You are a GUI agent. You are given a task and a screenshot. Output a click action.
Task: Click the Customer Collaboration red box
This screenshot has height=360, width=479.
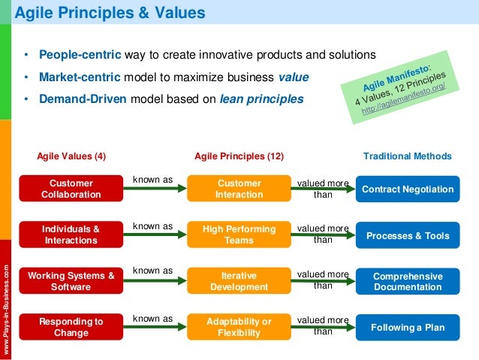pyautogui.click(x=71, y=189)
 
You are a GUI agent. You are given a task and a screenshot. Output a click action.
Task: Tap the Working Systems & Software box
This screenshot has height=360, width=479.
pyautogui.click(x=71, y=281)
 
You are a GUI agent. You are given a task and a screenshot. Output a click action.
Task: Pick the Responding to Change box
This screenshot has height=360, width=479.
pyautogui.click(x=71, y=328)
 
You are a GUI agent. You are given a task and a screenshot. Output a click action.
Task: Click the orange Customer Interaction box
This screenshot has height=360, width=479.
pyautogui.click(x=239, y=189)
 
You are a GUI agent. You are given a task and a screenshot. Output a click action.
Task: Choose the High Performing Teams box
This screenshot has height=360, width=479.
pyautogui.click(x=239, y=234)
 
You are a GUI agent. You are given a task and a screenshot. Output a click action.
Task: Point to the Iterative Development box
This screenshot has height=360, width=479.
pyautogui.click(x=239, y=281)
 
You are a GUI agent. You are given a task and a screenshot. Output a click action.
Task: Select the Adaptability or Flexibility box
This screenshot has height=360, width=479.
pyautogui.click(x=239, y=328)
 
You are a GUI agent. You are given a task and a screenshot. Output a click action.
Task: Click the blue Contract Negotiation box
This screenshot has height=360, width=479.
pyautogui.click(x=408, y=189)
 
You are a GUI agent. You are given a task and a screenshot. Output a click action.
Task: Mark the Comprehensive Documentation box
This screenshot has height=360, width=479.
pyautogui.click(x=408, y=282)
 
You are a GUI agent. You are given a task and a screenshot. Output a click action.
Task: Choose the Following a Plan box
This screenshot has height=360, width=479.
pyautogui.click(x=408, y=328)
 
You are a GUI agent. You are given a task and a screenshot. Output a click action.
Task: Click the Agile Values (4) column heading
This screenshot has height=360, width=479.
pyautogui.click(x=71, y=156)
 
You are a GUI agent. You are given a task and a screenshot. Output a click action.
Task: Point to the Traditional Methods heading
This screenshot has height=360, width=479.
pyautogui.click(x=408, y=156)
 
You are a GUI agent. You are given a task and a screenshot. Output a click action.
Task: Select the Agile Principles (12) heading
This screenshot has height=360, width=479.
pyautogui.click(x=239, y=156)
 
